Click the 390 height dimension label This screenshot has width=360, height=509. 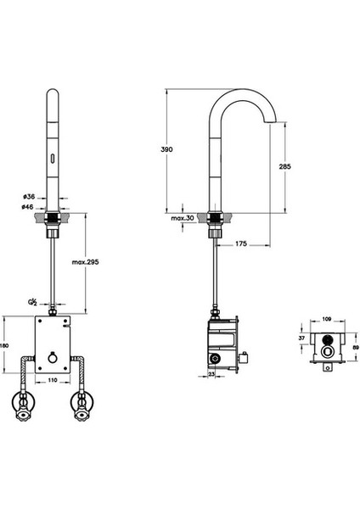click(x=166, y=149)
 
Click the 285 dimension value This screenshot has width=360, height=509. click(x=285, y=166)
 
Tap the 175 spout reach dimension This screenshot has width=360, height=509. click(x=241, y=243)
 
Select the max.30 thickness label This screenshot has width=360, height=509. click(x=183, y=218)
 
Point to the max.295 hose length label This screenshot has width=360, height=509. click(x=85, y=262)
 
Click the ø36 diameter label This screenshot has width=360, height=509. click(x=29, y=197)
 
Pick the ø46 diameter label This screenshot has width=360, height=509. click(x=28, y=207)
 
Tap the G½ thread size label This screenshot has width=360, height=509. click(x=32, y=303)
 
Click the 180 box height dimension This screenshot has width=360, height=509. click(x=4, y=345)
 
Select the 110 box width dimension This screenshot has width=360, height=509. click(x=53, y=380)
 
